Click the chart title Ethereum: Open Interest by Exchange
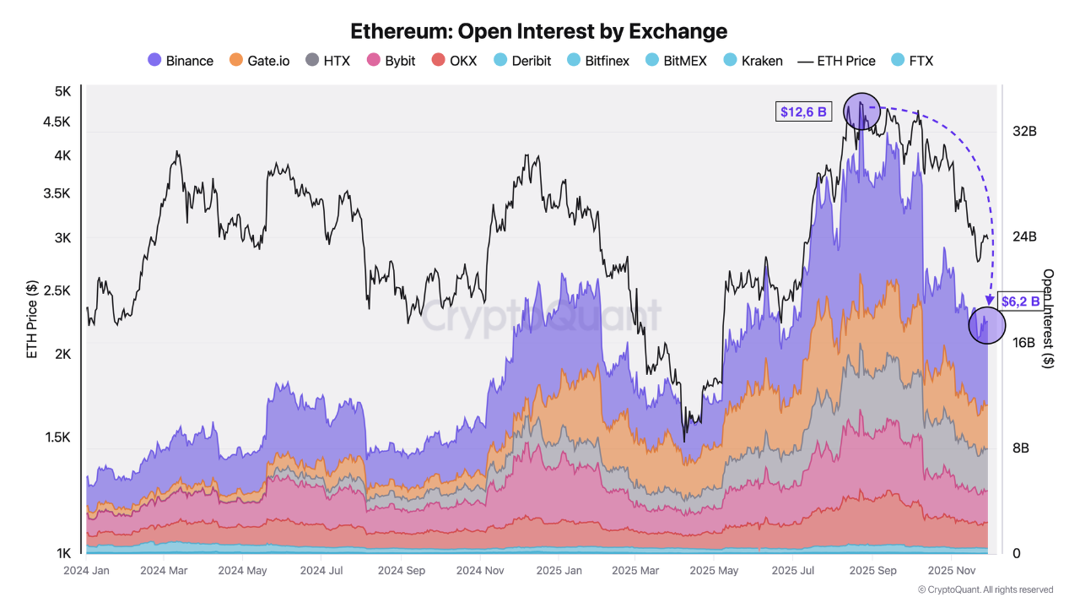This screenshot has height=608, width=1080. pyautogui.click(x=539, y=31)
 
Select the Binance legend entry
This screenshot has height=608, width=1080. pyautogui.click(x=181, y=61)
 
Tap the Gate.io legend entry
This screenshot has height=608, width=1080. pyautogui.click(x=259, y=61)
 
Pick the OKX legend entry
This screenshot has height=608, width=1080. pyautogui.click(x=454, y=61)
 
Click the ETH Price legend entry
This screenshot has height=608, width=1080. pyautogui.click(x=836, y=61)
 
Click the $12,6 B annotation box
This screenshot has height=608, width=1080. pyautogui.click(x=803, y=111)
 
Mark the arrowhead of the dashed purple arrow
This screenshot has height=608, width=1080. pyautogui.click(x=989, y=299)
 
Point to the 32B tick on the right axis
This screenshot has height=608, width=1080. pyautogui.click(x=1025, y=132)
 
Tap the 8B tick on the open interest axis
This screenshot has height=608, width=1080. pyautogui.click(x=1020, y=448)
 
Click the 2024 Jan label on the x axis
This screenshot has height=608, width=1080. pyautogui.click(x=86, y=571)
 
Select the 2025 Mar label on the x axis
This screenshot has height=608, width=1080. pyautogui.click(x=634, y=571)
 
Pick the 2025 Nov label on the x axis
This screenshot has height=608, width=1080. pyautogui.click(x=951, y=571)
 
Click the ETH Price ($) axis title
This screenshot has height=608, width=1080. pyautogui.click(x=32, y=321)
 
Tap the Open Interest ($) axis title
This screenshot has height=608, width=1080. pyautogui.click(x=1049, y=319)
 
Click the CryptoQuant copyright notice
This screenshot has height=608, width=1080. pyautogui.click(x=985, y=589)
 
